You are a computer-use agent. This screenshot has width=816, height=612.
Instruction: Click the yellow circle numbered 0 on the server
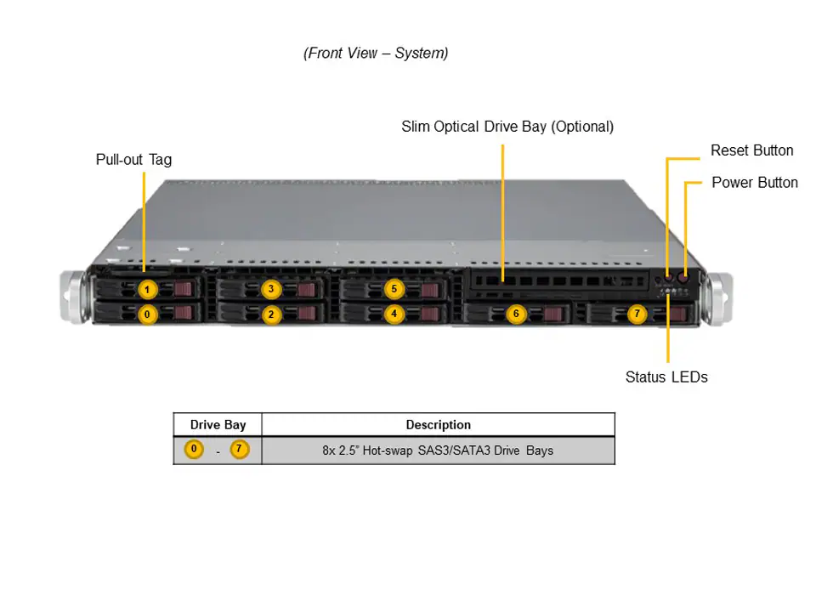click(147, 314)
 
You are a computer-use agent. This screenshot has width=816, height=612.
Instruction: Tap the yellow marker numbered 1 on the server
click(147, 290)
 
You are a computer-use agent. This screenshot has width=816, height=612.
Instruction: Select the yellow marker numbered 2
click(271, 314)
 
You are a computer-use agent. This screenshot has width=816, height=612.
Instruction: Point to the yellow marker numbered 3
click(271, 289)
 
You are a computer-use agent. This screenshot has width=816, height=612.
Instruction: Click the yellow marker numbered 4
click(394, 314)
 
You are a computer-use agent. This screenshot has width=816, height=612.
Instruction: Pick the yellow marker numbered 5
click(394, 289)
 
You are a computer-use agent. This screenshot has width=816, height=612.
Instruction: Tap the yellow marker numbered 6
click(516, 314)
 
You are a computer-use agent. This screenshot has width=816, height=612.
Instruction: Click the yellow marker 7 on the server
click(637, 314)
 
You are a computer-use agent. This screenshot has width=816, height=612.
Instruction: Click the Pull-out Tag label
click(133, 160)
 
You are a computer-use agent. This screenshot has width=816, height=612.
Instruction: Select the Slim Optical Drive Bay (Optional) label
click(507, 127)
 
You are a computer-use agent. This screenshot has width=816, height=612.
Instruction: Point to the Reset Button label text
click(751, 150)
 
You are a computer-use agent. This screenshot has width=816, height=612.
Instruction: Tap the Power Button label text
click(754, 183)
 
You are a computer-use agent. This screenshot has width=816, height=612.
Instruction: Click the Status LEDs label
click(666, 377)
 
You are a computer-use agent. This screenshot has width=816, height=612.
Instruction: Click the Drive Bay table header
click(218, 425)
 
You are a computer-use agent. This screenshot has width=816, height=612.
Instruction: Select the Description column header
click(438, 425)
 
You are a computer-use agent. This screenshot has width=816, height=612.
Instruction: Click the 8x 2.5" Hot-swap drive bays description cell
click(438, 450)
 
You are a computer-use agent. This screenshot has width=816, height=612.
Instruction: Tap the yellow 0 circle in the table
click(195, 449)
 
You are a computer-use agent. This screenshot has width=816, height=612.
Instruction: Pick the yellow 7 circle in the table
click(240, 449)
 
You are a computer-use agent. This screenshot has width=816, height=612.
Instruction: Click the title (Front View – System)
click(376, 54)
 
